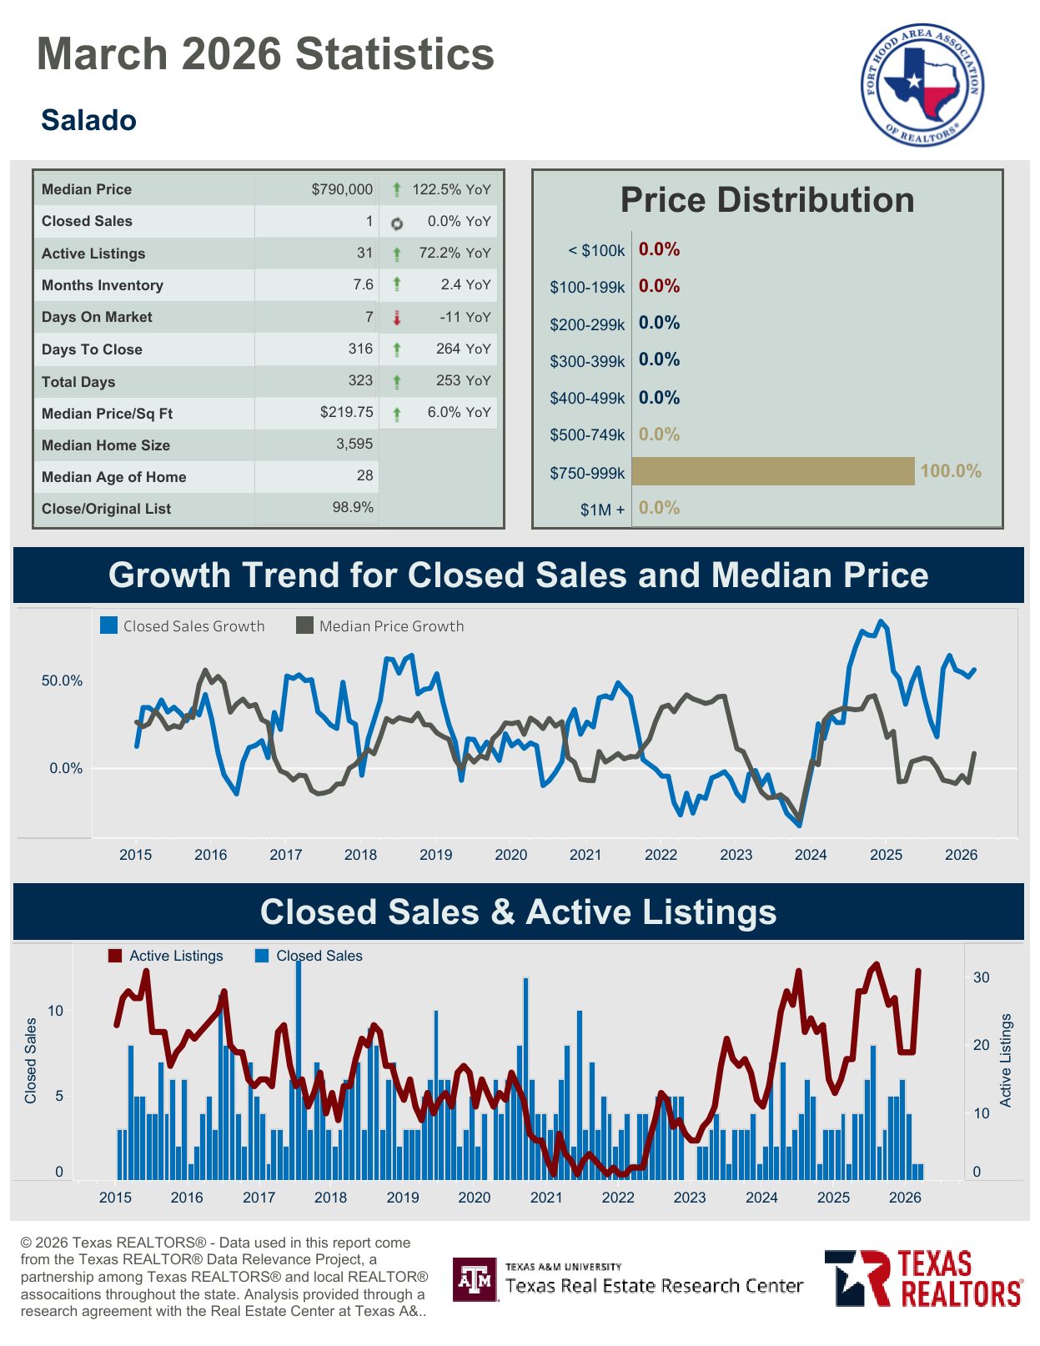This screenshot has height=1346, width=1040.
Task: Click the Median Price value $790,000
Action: [342, 189]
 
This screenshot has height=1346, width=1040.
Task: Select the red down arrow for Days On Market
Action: [397, 318]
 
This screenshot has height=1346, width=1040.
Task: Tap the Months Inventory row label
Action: [103, 285]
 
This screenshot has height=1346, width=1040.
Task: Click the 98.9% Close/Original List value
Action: [353, 507]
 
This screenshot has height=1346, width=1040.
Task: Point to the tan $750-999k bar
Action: [772, 471]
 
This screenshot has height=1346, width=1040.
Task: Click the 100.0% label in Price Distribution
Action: [950, 471]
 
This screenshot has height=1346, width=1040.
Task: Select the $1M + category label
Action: [602, 510]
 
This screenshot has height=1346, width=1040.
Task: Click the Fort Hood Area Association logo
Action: [922, 83]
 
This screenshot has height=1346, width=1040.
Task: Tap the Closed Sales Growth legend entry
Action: [183, 626]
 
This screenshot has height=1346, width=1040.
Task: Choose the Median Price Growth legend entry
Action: [380, 626]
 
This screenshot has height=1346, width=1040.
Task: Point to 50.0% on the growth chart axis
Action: [63, 681]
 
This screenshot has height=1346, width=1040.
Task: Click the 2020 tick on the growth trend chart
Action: [510, 855]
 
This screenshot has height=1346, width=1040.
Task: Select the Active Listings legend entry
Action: [166, 956]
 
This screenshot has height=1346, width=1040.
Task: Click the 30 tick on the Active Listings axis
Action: [981, 977]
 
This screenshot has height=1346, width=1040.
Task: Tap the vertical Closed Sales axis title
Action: [31, 1061]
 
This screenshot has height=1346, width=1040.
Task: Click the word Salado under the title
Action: [88, 120]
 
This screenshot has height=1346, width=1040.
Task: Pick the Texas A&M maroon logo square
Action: [475, 1279]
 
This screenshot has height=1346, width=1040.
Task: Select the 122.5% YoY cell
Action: [451, 189]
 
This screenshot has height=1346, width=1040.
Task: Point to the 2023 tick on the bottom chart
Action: [689, 1198]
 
